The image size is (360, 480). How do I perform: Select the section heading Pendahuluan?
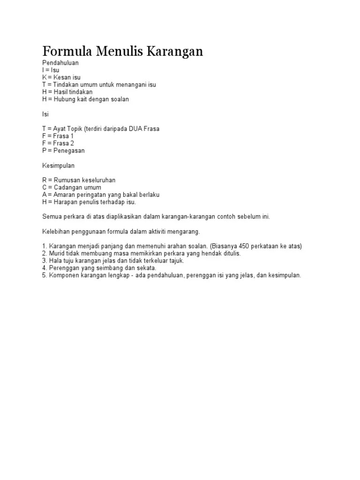coord(60,62)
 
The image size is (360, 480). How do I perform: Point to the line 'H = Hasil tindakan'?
coord(67,92)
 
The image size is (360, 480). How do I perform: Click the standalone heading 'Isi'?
coord(45,114)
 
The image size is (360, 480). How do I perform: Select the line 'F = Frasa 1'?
coord(58,136)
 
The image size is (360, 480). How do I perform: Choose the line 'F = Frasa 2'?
coord(58,143)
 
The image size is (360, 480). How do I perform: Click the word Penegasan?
coord(69,151)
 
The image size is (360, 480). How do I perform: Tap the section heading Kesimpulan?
coord(58,165)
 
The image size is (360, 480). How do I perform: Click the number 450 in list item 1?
coord(247,246)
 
